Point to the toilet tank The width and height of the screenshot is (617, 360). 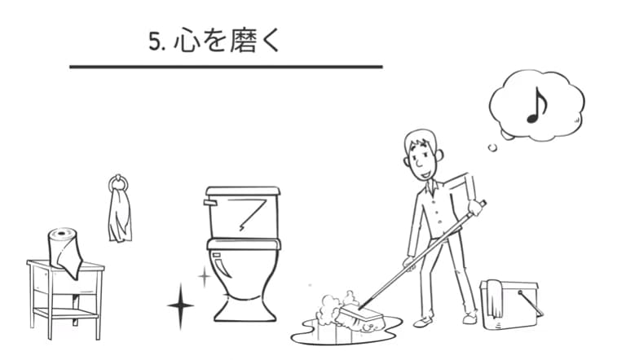(242, 213)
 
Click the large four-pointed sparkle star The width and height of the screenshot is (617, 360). (180, 306)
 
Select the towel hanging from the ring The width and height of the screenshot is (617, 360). (119, 216)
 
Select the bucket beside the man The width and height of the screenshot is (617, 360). (509, 305)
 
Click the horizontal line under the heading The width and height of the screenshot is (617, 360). (226, 66)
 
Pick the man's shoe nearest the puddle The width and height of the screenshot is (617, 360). (423, 322)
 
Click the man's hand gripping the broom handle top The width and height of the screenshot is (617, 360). (475, 207)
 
